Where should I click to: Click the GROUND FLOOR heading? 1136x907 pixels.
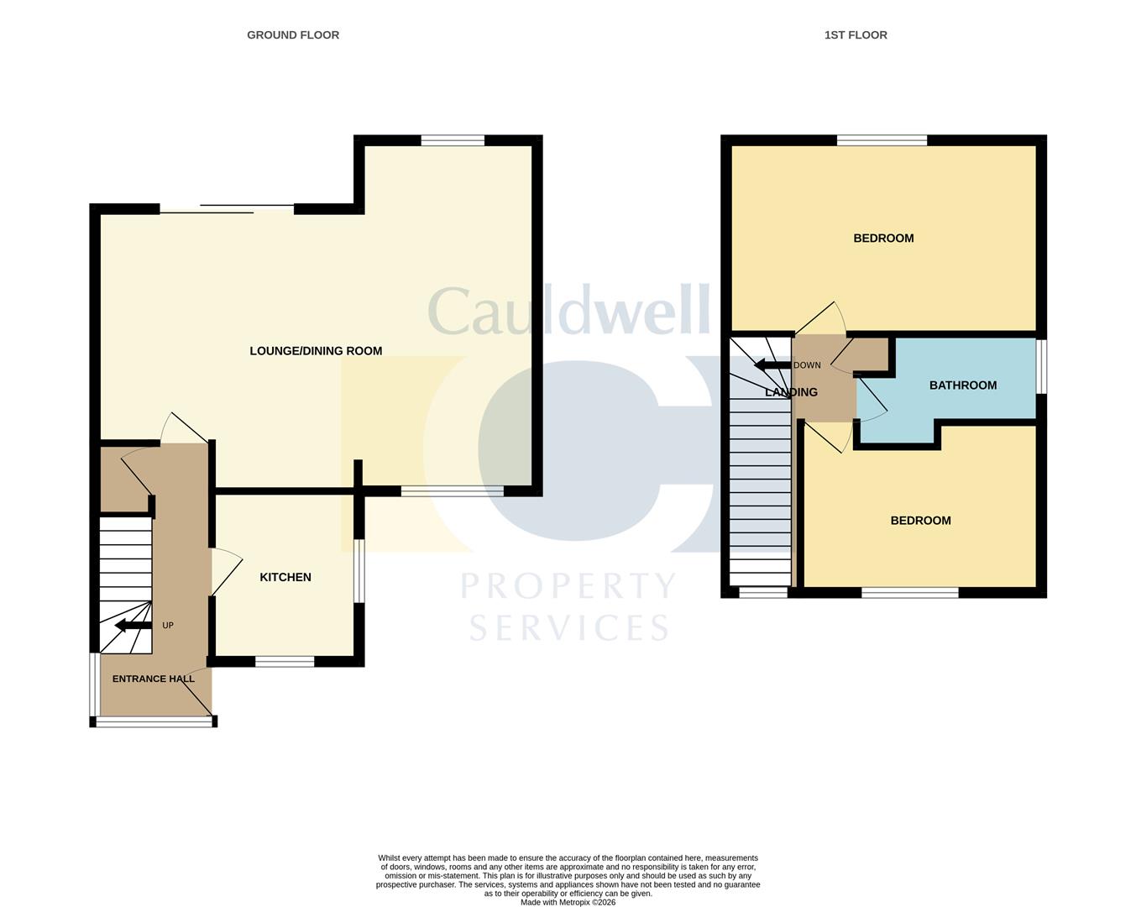[x=293, y=34]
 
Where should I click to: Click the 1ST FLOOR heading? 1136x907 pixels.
[x=856, y=34]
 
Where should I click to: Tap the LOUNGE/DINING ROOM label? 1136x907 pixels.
[x=316, y=350]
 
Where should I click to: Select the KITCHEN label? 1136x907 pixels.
[x=285, y=577]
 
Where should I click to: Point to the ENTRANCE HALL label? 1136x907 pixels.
[x=153, y=679]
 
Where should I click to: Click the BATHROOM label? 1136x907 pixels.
[x=963, y=385]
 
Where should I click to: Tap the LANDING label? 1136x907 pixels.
[x=791, y=392]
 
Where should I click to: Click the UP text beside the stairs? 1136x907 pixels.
[x=168, y=625]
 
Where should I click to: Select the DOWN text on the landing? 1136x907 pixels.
[x=807, y=364]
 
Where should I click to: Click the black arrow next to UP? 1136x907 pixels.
[x=133, y=626]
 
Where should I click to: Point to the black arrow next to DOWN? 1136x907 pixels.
[x=772, y=364]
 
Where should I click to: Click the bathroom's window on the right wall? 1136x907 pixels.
[x=1041, y=366]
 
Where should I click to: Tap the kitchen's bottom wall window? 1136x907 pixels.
[x=285, y=661]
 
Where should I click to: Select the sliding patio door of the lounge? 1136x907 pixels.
[x=227, y=209]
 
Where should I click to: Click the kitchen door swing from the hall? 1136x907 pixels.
[x=227, y=573]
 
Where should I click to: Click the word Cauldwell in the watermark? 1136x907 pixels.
[x=569, y=311]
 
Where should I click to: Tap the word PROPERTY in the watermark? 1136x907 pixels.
[x=568, y=585]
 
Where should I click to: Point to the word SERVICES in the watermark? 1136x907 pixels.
[x=569, y=627]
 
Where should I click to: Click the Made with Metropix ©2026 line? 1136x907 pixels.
[x=568, y=902]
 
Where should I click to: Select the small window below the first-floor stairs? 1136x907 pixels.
[x=762, y=592]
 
